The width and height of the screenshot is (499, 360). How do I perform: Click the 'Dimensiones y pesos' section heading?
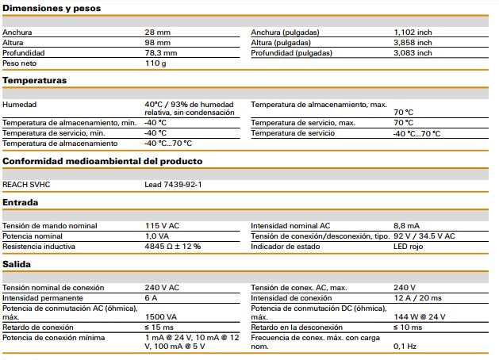click(52, 8)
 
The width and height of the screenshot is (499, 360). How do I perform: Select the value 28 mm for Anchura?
click(158, 33)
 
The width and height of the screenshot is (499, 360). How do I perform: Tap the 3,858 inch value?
click(413, 43)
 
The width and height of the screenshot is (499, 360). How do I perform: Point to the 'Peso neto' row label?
click(19, 63)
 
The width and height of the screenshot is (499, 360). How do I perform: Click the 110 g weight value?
click(155, 63)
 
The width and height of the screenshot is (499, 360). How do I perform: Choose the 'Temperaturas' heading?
click(35, 80)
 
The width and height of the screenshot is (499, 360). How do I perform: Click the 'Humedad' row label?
click(19, 105)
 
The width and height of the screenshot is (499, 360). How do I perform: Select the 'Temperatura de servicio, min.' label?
click(54, 133)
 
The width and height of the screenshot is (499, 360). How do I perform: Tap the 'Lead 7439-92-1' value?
click(173, 185)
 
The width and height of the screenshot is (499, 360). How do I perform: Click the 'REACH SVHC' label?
click(26, 185)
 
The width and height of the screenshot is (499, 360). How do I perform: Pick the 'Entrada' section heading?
click(21, 202)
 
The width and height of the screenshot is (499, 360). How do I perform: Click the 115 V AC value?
click(163, 226)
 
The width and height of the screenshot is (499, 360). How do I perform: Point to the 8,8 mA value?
click(406, 226)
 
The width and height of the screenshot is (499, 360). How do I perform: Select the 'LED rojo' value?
click(409, 247)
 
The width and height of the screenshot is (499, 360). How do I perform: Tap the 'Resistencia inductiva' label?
click(39, 247)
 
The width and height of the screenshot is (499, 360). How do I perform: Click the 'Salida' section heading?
click(17, 264)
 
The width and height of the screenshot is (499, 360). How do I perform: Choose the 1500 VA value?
click(161, 317)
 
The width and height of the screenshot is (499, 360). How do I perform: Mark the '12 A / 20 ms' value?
click(417, 298)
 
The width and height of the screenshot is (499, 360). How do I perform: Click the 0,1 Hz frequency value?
click(405, 347)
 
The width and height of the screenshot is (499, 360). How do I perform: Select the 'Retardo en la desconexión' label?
click(297, 327)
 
